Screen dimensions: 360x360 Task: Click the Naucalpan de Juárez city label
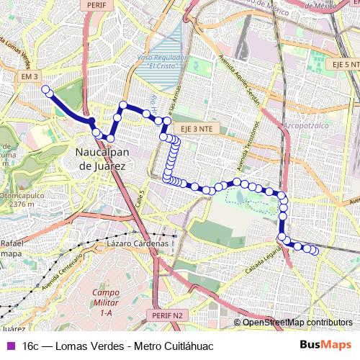(x=101, y=159)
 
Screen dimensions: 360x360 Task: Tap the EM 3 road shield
(x=29, y=76)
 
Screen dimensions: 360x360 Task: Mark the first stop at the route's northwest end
(x=45, y=90)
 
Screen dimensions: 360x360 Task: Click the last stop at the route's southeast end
(x=315, y=251)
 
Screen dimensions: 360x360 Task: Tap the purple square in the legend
(x=11, y=345)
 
